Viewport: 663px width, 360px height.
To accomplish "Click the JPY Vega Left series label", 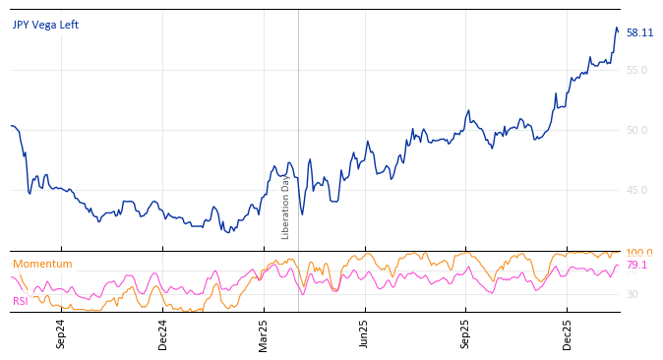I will pos(45,25).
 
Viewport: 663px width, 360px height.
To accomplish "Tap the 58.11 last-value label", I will pos(639,32).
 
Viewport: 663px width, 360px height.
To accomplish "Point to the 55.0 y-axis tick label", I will pos(636,70).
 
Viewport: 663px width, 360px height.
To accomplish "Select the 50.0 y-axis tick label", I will pos(636,130).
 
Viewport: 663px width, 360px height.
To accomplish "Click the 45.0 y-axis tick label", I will pos(636,190).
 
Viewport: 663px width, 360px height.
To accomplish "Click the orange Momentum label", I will pos(42,264).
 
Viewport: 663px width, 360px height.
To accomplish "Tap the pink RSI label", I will pos(20,301).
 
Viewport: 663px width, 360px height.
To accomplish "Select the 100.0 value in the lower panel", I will pos(639,253).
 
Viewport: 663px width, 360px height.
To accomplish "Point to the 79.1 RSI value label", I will pos(636,266).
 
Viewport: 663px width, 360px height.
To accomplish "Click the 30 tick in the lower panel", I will pos(632,294).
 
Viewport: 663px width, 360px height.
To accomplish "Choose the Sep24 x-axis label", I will pos(61,334).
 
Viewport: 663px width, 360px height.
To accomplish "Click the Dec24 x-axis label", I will pos(163,334).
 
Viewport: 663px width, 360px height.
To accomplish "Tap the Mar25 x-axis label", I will pos(264,334).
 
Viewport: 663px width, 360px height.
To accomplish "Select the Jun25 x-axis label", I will pos(364,334).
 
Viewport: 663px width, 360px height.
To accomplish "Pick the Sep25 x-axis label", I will pos(465,334).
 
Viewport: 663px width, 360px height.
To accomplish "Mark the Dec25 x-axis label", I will pos(567,334).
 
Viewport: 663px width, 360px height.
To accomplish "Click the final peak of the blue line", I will pos(616,28).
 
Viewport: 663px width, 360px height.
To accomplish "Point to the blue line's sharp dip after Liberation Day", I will pos(302,214).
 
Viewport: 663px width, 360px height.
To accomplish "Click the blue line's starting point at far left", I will pos(11,126).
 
